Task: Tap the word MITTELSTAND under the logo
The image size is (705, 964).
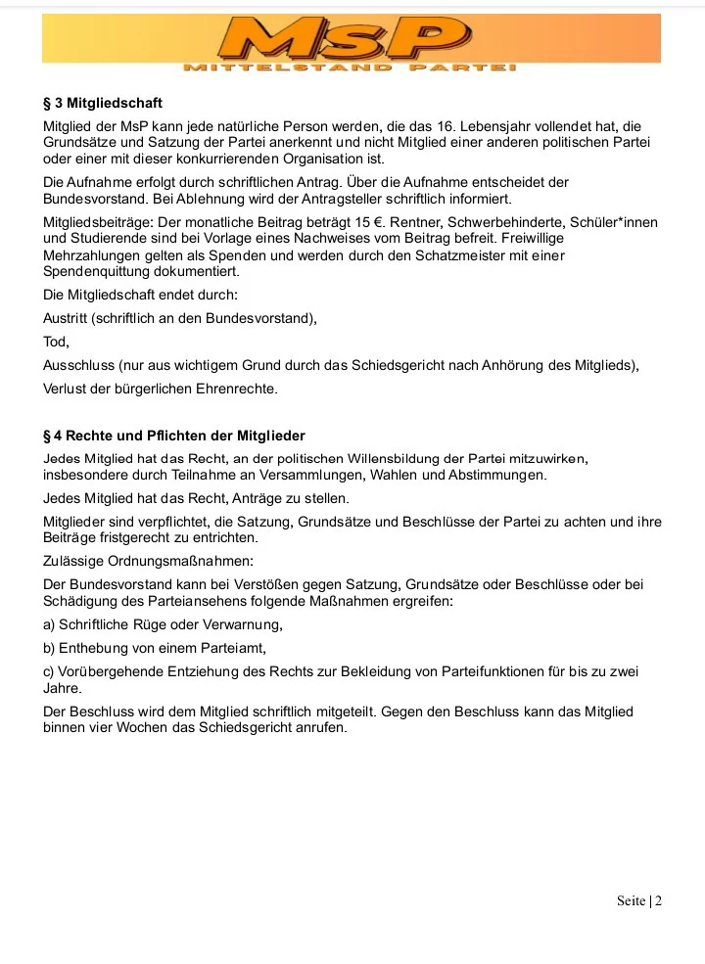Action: [288, 68]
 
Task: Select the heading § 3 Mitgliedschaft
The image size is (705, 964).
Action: [103, 103]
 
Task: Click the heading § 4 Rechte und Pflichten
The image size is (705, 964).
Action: [174, 436]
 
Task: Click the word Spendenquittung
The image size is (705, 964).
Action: [96, 271]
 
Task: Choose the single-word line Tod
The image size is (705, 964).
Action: [56, 343]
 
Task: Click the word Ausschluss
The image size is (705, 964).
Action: [78, 366]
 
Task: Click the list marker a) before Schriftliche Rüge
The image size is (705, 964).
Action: [49, 624]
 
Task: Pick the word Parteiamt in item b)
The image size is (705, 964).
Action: [232, 648]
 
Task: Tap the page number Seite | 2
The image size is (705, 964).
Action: [639, 900]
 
